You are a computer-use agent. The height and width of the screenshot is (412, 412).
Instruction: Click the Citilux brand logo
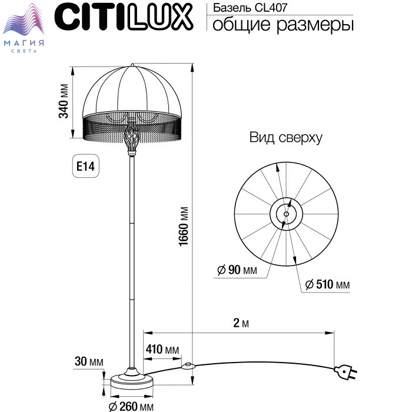pyautogui.click(x=124, y=17)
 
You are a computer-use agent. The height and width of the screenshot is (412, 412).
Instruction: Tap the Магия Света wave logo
pyautogui.click(x=24, y=28)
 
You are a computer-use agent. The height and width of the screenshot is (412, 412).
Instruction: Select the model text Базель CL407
pyautogui.click(x=250, y=8)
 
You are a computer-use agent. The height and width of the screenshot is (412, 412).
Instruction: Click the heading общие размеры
pyautogui.click(x=283, y=25)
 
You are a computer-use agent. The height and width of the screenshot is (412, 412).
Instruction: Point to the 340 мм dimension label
pyautogui.click(x=64, y=101)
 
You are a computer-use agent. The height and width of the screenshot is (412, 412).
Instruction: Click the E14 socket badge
pyautogui.click(x=86, y=166)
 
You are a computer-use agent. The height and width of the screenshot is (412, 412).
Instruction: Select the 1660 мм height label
pyautogui.click(x=184, y=227)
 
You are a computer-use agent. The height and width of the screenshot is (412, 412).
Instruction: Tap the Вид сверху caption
pyautogui.click(x=286, y=137)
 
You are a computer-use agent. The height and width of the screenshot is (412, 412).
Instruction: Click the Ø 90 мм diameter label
pyautogui.click(x=237, y=270)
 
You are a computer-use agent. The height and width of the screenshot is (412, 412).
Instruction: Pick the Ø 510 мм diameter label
pyautogui.click(x=327, y=284)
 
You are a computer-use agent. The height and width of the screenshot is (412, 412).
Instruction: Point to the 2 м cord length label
pyautogui.click(x=241, y=323)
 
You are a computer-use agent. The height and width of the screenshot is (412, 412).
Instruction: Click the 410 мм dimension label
pyautogui.click(x=162, y=350)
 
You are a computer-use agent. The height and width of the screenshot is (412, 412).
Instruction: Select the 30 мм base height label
pyautogui.click(x=89, y=361)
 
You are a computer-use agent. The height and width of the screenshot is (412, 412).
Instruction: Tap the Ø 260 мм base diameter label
pyautogui.click(x=131, y=407)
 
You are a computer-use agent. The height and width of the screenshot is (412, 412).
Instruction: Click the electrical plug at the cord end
pyautogui.click(x=345, y=372)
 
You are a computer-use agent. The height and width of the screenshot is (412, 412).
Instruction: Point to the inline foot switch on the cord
pyautogui.click(x=188, y=366)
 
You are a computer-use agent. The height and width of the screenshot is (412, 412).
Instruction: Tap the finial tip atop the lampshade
pyautogui.click(x=132, y=65)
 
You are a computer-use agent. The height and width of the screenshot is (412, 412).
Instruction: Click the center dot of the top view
pyautogui.click(x=287, y=214)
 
